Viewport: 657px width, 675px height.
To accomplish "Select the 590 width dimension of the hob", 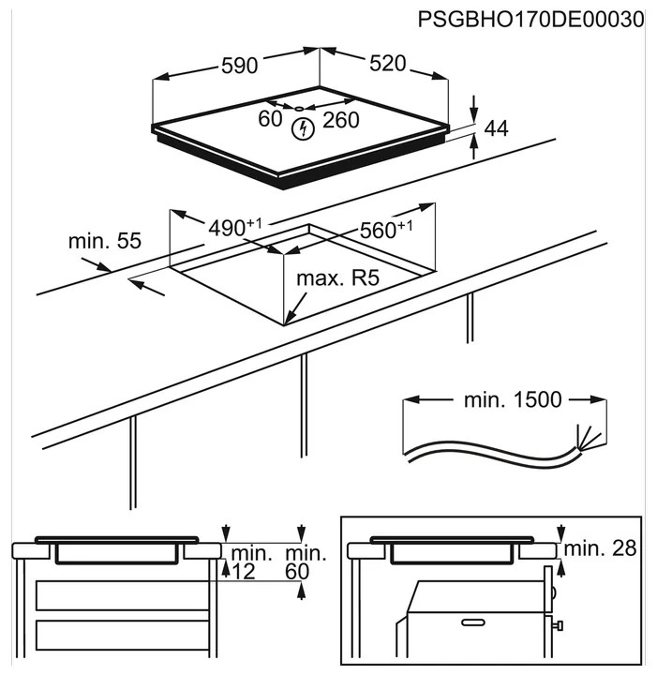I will coord(239,66).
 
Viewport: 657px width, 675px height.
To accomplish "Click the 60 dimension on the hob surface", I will coord(270,119).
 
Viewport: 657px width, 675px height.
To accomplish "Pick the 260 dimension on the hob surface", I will coord(341,119).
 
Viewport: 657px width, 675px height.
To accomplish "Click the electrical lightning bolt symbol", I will coord(302,130).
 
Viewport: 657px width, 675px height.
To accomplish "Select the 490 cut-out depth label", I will coord(232,227).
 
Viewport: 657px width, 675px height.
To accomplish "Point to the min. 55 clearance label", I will coord(104,241).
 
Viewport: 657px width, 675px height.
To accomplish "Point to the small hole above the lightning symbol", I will coord(300,109).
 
